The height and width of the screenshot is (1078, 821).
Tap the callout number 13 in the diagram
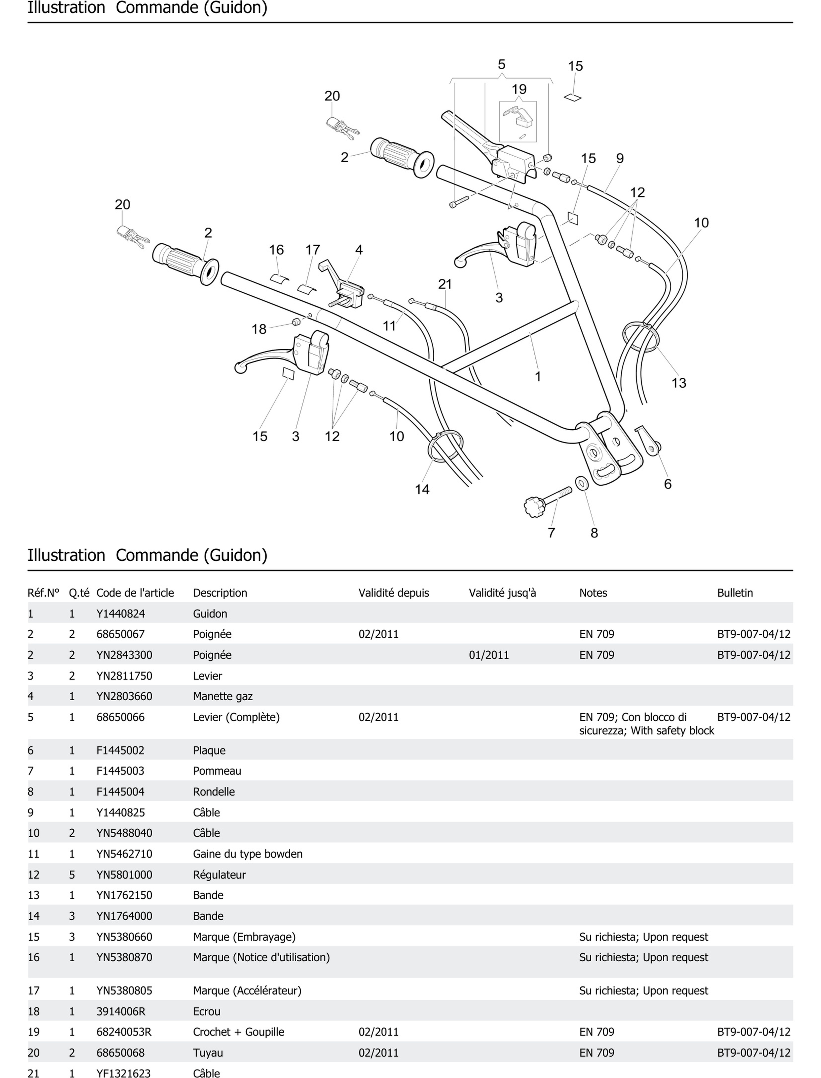[679, 383]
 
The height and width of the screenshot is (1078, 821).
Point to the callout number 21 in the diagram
[445, 284]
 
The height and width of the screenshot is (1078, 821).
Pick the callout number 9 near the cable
[620, 158]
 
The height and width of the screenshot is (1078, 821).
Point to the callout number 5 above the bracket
[501, 65]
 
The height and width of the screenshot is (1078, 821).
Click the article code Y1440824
[121, 613]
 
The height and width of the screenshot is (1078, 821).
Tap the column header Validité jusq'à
[502, 593]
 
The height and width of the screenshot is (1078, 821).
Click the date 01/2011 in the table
[489, 655]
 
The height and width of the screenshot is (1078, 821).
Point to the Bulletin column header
[735, 593]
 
